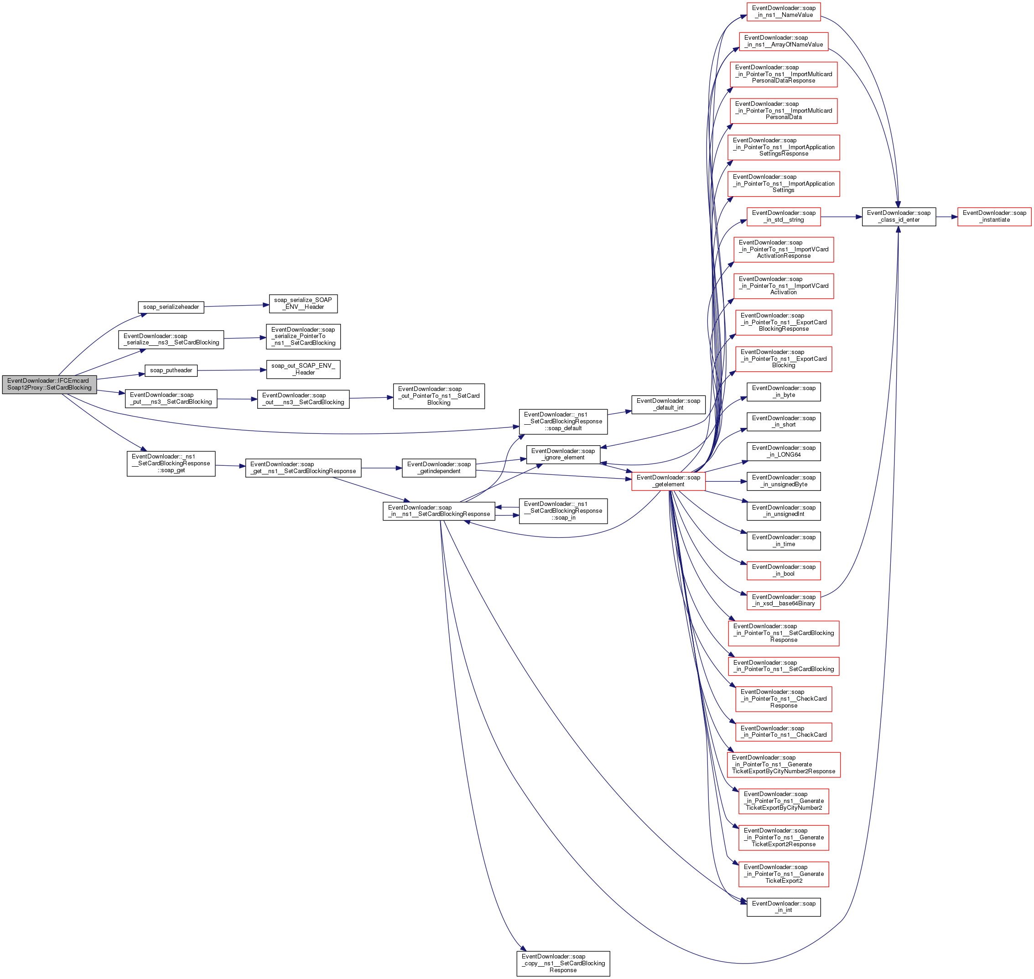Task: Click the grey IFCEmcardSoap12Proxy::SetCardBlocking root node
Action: pos(49,384)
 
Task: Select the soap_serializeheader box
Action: pos(171,307)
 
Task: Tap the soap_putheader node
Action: pos(171,370)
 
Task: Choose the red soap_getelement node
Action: pos(668,481)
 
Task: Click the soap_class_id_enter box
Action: pos(899,217)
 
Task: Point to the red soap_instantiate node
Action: pos(994,217)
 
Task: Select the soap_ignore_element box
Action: pos(562,454)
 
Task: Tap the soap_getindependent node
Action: pos(438,468)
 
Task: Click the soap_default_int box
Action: pos(668,405)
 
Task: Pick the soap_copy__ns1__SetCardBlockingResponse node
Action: pos(562,963)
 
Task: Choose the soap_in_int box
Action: pos(783,907)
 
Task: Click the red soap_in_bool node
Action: pos(783,570)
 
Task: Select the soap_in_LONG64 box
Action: pos(783,451)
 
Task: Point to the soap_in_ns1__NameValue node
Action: pos(783,11)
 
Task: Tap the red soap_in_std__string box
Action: pos(783,217)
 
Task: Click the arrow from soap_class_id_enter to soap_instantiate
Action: pos(946,217)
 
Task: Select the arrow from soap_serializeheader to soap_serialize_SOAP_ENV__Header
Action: pos(236,306)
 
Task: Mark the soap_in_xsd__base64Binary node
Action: pos(783,600)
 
